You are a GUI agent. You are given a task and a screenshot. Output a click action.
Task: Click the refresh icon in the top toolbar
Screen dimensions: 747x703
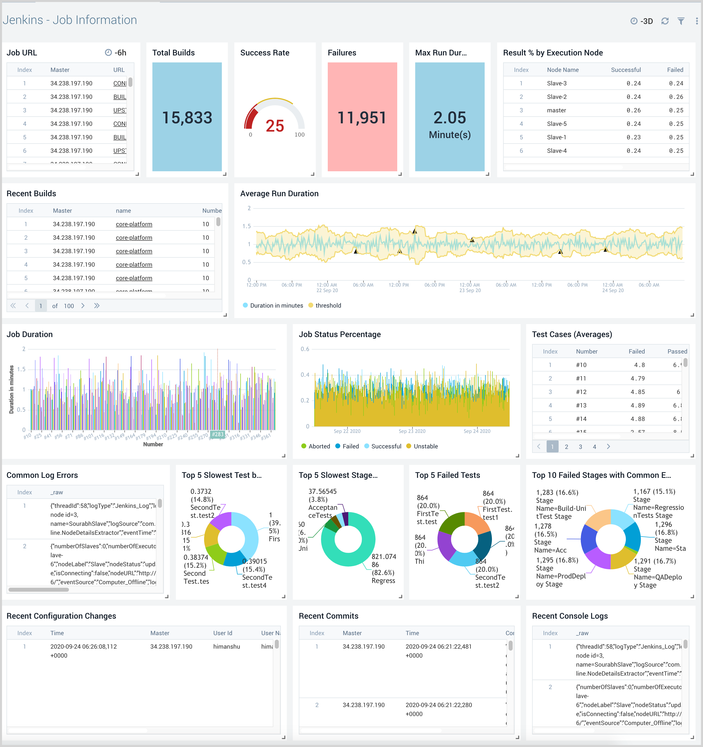(x=665, y=21)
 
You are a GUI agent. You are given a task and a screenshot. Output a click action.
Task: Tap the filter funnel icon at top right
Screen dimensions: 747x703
(x=681, y=21)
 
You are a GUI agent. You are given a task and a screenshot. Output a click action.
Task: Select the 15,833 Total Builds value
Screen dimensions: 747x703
(x=187, y=118)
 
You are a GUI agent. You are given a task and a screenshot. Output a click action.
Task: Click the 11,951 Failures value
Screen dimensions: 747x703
(x=362, y=118)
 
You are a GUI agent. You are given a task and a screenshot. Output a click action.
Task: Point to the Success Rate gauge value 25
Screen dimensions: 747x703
(x=275, y=126)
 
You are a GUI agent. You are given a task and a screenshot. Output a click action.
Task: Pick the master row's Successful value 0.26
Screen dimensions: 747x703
(x=634, y=110)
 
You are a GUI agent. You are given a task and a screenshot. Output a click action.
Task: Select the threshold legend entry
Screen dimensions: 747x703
(x=328, y=306)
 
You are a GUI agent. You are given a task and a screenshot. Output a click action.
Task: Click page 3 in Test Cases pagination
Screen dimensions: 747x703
(x=580, y=447)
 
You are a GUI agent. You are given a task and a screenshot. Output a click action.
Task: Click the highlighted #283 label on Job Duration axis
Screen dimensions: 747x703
(x=218, y=434)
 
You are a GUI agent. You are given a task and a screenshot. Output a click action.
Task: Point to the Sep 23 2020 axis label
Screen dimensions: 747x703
(x=412, y=431)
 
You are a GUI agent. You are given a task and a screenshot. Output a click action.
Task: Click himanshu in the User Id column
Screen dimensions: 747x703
(x=226, y=647)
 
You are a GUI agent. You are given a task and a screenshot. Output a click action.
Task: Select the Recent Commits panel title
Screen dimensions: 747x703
(x=328, y=616)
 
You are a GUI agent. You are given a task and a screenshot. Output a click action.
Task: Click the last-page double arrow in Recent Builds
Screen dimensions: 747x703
(x=97, y=306)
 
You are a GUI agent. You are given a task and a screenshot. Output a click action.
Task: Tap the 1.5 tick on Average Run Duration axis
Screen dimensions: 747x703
(x=247, y=226)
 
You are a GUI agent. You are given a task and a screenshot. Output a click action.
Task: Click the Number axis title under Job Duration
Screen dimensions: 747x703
(x=153, y=444)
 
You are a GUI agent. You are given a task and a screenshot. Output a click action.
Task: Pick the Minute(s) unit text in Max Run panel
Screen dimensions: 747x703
(x=450, y=135)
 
